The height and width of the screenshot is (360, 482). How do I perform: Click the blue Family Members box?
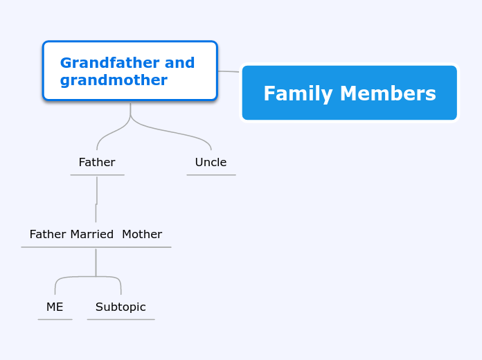(x=349, y=93)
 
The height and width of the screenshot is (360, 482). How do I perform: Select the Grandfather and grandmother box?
(x=130, y=71)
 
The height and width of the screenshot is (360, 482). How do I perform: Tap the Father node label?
(x=97, y=163)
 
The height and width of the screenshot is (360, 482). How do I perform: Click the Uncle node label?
(x=211, y=163)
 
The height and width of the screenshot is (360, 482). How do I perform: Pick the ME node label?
(x=55, y=307)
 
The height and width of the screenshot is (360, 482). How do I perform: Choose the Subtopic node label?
(x=120, y=307)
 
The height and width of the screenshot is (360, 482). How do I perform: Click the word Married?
(x=91, y=235)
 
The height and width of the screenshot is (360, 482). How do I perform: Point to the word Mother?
(x=142, y=235)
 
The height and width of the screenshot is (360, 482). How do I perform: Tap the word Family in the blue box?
(x=294, y=93)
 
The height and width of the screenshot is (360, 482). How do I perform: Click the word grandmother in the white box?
(x=114, y=80)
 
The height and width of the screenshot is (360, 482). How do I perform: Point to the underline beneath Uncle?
(x=211, y=174)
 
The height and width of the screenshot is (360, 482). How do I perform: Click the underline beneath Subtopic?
(x=120, y=319)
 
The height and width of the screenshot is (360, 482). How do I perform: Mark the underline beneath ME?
(x=55, y=319)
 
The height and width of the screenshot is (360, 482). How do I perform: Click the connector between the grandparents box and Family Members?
(x=229, y=71)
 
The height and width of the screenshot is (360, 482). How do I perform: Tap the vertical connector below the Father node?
(x=96, y=197)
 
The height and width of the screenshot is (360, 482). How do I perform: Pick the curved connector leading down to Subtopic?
(x=118, y=281)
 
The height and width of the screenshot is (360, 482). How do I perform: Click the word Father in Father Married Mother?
(x=48, y=235)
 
